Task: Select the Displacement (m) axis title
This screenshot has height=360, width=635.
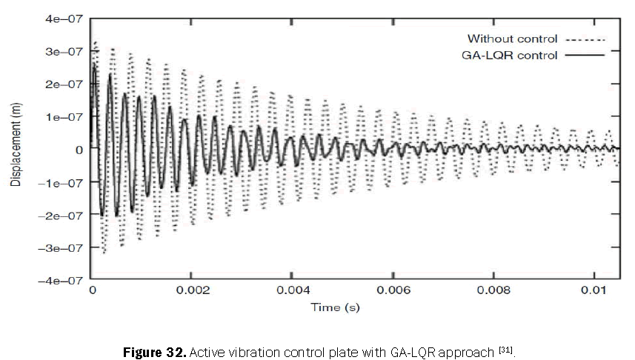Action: click(16, 149)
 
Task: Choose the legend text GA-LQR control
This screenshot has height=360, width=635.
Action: click(512, 55)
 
